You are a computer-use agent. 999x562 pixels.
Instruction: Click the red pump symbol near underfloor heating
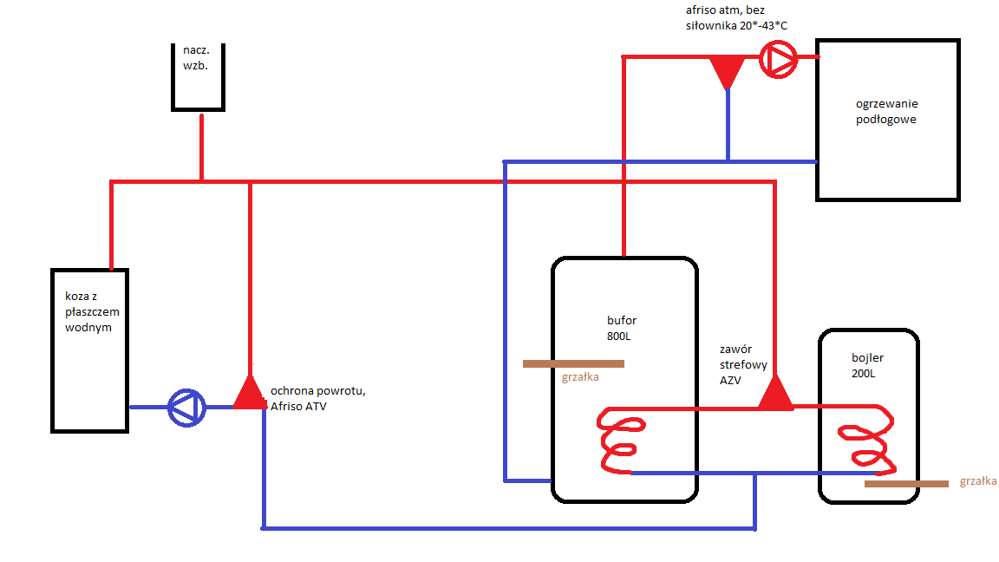pyautogui.click(x=778, y=60)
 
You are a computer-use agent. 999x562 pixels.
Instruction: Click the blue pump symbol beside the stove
pyautogui.click(x=186, y=407)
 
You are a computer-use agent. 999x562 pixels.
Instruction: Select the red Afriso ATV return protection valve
pyautogui.click(x=250, y=394)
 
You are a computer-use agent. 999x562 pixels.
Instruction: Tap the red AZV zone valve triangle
pyautogui.click(x=775, y=394)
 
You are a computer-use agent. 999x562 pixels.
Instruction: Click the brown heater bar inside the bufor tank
pyautogui.click(x=573, y=364)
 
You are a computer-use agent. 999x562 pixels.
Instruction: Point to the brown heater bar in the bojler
pyautogui.click(x=906, y=484)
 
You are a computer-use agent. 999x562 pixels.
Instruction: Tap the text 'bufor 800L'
pyautogui.click(x=622, y=328)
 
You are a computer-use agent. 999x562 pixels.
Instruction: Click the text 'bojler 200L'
pyautogui.click(x=868, y=365)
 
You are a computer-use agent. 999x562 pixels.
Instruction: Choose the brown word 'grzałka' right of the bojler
pyautogui.click(x=978, y=481)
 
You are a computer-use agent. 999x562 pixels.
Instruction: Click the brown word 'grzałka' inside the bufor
pyautogui.click(x=580, y=377)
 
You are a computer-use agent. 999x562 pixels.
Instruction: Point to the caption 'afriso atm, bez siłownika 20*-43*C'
pyautogui.click(x=736, y=18)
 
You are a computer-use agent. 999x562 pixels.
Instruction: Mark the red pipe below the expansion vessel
pyautogui.click(x=201, y=146)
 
